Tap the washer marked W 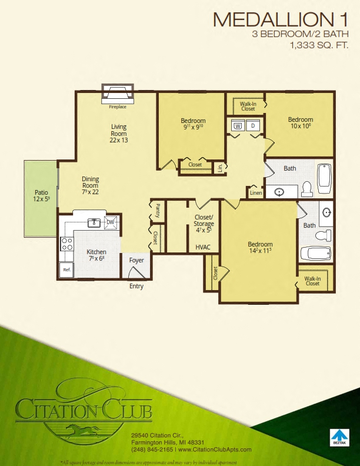(x=238, y=125)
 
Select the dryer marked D (x=254, y=125)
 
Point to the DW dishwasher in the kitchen (x=110, y=222)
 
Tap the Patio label (x=41, y=192)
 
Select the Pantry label (x=158, y=210)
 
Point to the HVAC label (x=204, y=248)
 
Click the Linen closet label (x=255, y=192)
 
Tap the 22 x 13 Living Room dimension (x=119, y=141)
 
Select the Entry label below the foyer (x=136, y=287)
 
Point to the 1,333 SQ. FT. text (x=318, y=45)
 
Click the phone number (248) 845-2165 (x=152, y=450)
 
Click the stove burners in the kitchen (x=66, y=244)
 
